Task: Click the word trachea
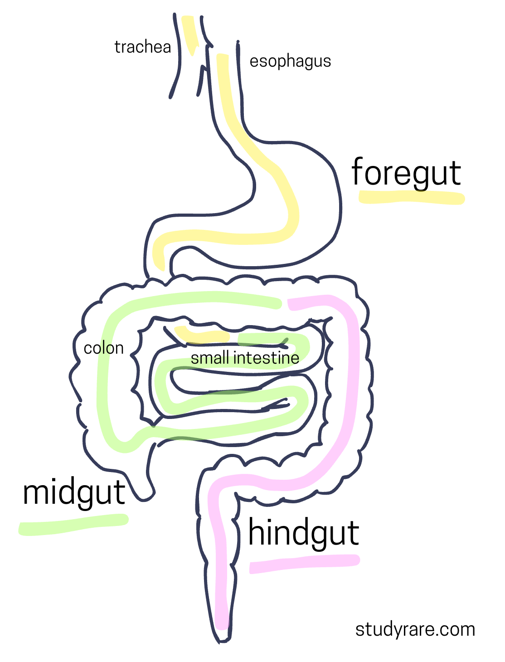tap(142, 47)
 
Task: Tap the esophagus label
tap(290, 62)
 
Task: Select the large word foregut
tap(406, 173)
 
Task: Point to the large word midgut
tap(74, 493)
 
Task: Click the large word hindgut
tap(303, 533)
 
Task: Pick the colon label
tap(104, 348)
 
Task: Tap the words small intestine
tap(245, 358)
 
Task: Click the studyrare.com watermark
tap(415, 629)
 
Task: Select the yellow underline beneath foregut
tap(411, 198)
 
